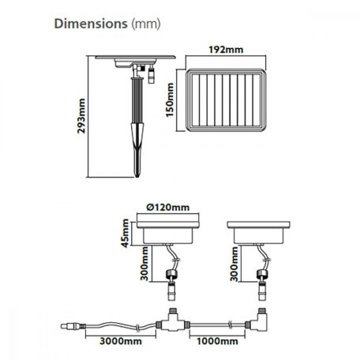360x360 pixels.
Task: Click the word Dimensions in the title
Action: coord(91,24)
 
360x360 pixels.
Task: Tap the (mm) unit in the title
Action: coord(146,24)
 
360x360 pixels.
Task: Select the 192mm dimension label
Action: coord(226,50)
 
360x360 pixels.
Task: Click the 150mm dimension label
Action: coord(170,99)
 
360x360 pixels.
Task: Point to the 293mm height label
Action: coord(81,116)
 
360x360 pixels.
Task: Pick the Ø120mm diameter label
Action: coord(168,208)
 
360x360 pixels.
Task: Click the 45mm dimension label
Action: coord(126,233)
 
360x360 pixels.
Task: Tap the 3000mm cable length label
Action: coord(121,341)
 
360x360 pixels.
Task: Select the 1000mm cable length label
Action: coord(217,341)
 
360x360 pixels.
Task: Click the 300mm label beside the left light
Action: coord(144,264)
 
